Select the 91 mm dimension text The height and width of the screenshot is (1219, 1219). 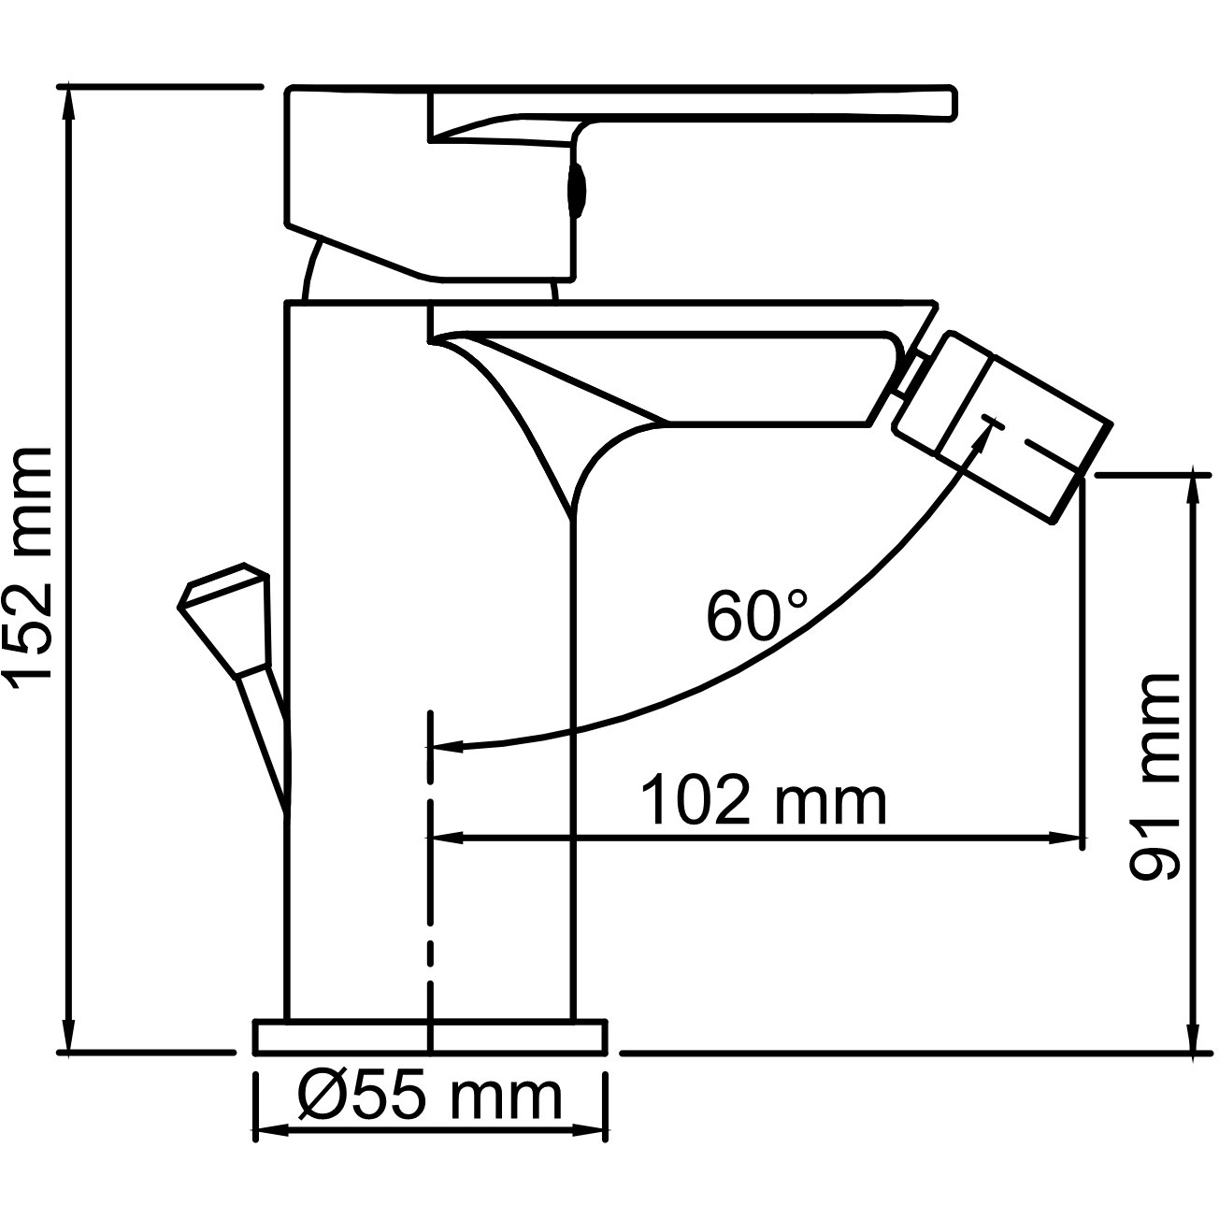pos(1155,777)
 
